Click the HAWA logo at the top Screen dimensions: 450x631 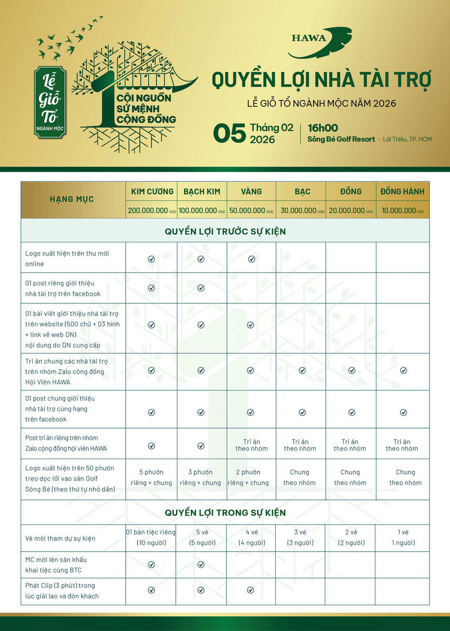pyautogui.click(x=319, y=43)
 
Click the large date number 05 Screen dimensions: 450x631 pyautogui.click(x=229, y=133)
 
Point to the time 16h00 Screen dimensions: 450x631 pyautogui.click(x=323, y=128)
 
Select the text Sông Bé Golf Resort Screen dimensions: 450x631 pyautogui.click(x=341, y=139)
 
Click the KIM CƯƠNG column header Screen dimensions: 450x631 pyautogui.click(x=151, y=191)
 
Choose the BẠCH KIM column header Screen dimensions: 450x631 pyautogui.click(x=202, y=191)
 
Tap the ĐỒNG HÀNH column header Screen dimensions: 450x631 pyautogui.click(x=402, y=191)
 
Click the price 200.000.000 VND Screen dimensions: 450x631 pyautogui.click(x=151, y=210)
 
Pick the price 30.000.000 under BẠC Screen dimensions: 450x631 pyautogui.click(x=301, y=210)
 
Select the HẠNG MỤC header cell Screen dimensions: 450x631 pyautogui.click(x=72, y=199)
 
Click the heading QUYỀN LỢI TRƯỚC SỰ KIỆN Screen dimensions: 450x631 pyautogui.click(x=225, y=231)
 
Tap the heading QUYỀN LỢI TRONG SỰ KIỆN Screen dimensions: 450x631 pyautogui.click(x=225, y=512)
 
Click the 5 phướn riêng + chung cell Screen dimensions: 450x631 pyautogui.click(x=151, y=477)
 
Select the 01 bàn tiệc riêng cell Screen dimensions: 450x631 pyautogui.click(x=151, y=537)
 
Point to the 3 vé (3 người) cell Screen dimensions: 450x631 pyautogui.click(x=300, y=537)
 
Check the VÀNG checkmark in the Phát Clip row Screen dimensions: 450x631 pyautogui.click(x=252, y=590)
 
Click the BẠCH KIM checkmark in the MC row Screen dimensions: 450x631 pyautogui.click(x=201, y=564)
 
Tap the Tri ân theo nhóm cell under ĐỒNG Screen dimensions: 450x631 pyautogui.click(x=350, y=445)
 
